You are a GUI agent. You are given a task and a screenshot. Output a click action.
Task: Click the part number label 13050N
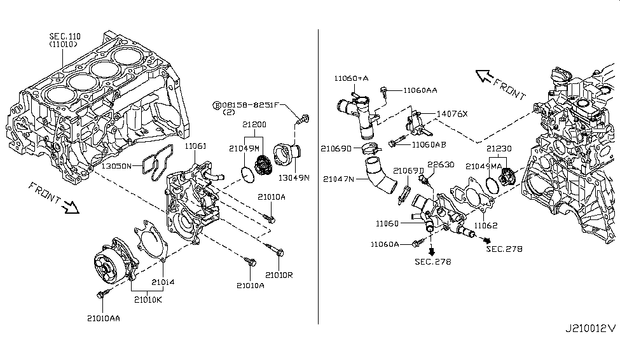116,166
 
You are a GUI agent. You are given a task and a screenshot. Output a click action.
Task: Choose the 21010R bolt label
279,275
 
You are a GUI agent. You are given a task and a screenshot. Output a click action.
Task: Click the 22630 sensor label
440,165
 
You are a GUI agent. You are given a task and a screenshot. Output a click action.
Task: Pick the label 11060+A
352,78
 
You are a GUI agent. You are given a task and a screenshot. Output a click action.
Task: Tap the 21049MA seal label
484,166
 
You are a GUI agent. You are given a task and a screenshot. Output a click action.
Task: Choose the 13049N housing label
296,179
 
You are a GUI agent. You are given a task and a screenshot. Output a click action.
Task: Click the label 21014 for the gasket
163,282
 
